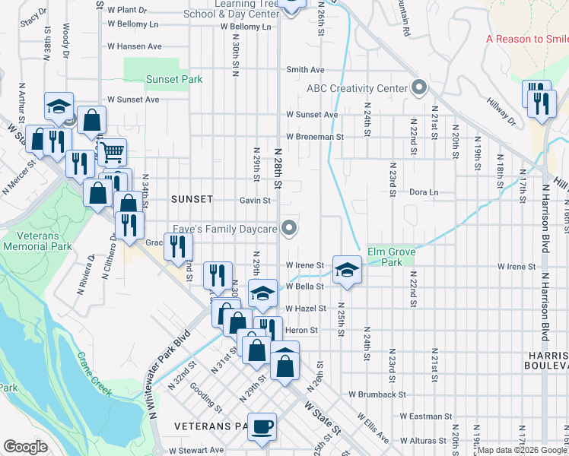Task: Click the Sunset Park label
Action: coord(173,79)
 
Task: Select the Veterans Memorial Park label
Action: coord(36,241)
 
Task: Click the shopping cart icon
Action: coord(112,153)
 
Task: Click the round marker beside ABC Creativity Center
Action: coord(418,88)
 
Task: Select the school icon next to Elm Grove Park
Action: coord(346,270)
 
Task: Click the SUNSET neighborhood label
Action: coord(192,199)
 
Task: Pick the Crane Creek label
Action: coord(93,376)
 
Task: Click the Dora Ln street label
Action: coord(424,192)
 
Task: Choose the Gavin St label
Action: coord(255,201)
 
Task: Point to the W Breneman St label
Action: coord(315,137)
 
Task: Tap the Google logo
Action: coord(25,447)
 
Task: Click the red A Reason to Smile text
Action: coord(527,39)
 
